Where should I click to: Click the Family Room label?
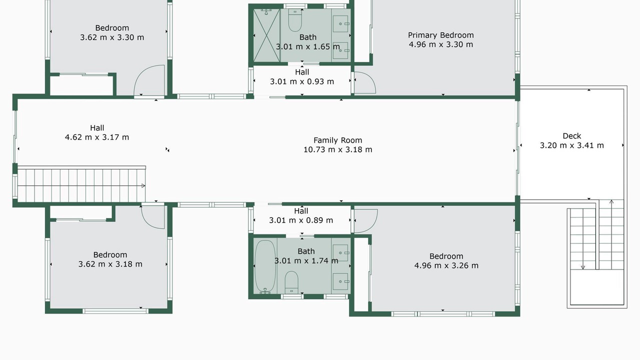point(337,140)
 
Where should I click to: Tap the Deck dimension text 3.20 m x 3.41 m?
point(571,145)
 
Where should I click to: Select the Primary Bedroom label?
point(441,35)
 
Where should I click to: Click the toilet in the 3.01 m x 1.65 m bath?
point(295,20)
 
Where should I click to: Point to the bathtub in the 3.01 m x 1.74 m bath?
point(265,267)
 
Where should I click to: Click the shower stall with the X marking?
point(266,35)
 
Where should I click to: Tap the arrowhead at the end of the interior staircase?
point(143,185)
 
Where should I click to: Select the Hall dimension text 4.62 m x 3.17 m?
point(97,137)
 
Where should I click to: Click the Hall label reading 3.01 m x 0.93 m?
point(302,77)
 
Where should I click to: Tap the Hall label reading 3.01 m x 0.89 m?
point(301,215)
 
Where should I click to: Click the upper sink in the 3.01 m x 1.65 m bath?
point(340,23)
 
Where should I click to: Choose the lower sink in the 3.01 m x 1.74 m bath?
point(340,281)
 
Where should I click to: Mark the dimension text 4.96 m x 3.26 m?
point(446,265)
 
